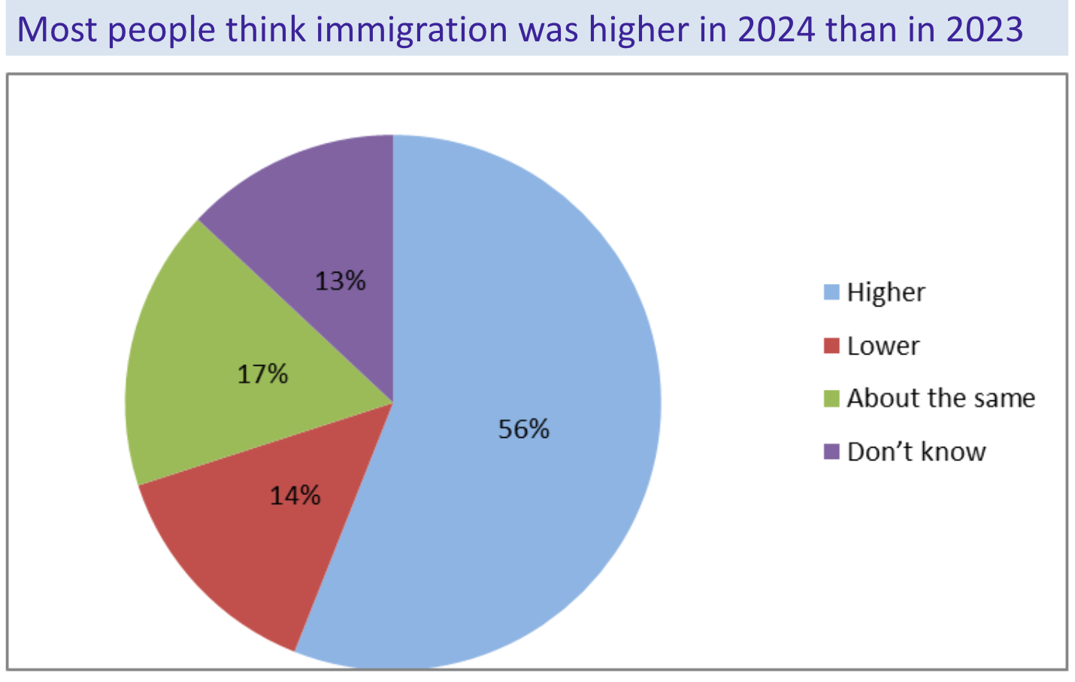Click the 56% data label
click(524, 429)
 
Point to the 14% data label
click(295, 496)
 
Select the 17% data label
click(262, 374)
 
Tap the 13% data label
click(341, 281)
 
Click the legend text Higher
click(886, 292)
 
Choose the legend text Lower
click(883, 346)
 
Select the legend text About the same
click(940, 398)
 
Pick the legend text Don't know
click(916, 452)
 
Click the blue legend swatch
click(831, 292)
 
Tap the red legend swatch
click(831, 346)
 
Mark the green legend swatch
click(831, 398)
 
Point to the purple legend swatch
click(831, 452)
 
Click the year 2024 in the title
click(775, 30)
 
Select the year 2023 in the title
click(985, 30)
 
